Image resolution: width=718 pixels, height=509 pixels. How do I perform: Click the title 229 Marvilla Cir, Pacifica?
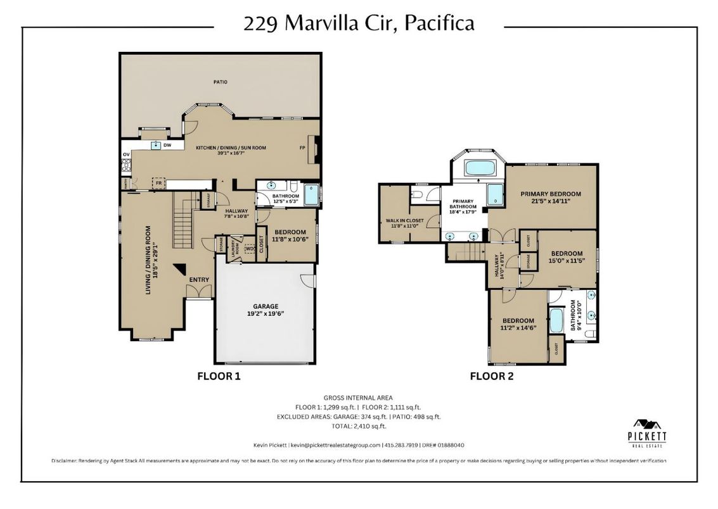[359, 24]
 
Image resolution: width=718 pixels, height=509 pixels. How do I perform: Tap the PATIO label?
[220, 82]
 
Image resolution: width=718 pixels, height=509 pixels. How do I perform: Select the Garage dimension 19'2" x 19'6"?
[266, 313]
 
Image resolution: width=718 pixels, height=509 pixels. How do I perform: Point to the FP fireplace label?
[302, 148]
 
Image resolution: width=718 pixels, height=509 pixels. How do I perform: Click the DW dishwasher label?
[168, 146]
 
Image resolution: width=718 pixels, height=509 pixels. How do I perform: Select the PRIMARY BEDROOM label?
[550, 194]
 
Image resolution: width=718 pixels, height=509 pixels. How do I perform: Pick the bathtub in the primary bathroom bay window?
[482, 168]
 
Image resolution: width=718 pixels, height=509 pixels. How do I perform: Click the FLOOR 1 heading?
[219, 376]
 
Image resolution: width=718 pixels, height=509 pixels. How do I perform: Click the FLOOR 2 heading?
[491, 376]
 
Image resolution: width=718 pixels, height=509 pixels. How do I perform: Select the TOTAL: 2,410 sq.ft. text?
[359, 427]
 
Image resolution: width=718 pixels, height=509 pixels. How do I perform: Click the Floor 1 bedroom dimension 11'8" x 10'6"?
[290, 239]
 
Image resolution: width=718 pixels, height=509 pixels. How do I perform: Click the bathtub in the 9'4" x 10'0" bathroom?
[556, 321]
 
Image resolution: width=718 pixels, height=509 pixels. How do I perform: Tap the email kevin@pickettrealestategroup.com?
[335, 445]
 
